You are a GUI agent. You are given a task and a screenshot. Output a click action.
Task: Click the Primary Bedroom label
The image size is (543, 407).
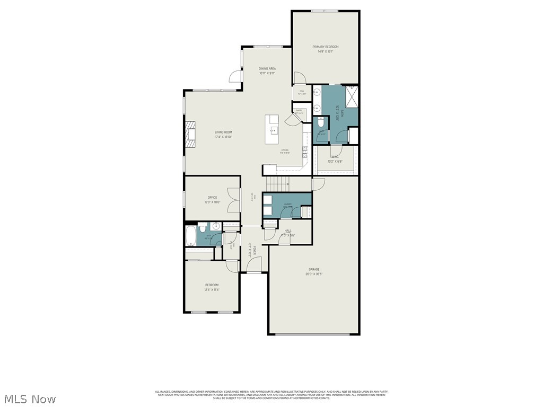coord(325,47)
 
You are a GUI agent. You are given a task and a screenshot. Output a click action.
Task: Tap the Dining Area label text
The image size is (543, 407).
coord(267,68)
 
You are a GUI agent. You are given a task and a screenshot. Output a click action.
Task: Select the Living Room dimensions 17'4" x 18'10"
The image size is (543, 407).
coord(223,137)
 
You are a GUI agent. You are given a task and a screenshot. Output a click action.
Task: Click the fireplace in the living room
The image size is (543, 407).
coord(190,137)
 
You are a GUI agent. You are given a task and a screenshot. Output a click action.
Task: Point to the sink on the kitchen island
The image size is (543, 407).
coord(273,130)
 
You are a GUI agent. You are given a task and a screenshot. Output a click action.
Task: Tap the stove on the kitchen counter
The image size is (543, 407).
coord(304,152)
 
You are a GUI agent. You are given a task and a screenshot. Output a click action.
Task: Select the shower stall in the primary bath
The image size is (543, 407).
coord(351,96)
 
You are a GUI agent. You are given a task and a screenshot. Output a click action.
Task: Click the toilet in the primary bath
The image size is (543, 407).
coord(320,123)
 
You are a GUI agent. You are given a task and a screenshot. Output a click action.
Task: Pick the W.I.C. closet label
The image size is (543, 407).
coord(335,157)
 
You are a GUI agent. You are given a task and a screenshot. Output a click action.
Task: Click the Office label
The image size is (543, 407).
coord(212,198)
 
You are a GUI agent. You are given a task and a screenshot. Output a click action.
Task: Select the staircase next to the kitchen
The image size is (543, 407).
coord(277,184)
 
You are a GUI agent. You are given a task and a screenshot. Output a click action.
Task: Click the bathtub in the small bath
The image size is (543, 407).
coord(190,236)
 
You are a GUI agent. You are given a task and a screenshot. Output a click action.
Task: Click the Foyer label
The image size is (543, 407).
coord(254,250)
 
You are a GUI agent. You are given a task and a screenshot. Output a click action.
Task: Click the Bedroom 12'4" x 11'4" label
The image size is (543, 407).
coord(212,287)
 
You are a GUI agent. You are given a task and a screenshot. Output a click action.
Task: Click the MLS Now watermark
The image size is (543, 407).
coord(30,399)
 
